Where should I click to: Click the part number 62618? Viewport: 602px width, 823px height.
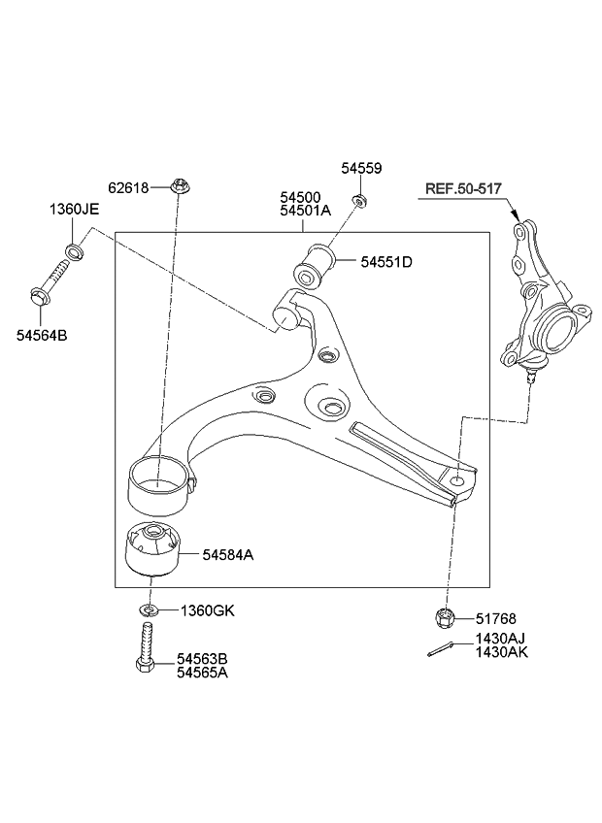pyautogui.click(x=127, y=187)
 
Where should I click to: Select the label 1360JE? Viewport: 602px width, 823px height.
pyautogui.click(x=74, y=210)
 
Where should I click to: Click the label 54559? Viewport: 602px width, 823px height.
pyautogui.click(x=361, y=168)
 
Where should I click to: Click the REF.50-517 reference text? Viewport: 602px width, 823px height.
pyautogui.click(x=463, y=187)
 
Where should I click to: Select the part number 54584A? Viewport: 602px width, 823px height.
pyautogui.click(x=227, y=555)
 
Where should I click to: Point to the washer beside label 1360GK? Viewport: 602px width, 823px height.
pyautogui.click(x=148, y=610)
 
